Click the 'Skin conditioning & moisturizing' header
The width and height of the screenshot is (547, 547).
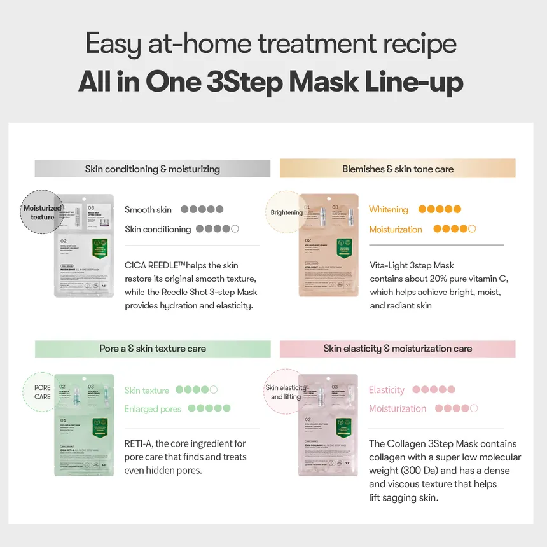pyautogui.click(x=153, y=169)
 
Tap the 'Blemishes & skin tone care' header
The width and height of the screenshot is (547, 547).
pyautogui.click(x=398, y=169)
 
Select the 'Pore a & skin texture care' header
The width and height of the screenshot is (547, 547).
pyautogui.click(x=153, y=349)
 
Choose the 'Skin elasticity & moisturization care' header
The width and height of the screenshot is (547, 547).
pyautogui.click(x=398, y=349)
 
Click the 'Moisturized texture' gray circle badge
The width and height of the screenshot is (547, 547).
pyautogui.click(x=42, y=212)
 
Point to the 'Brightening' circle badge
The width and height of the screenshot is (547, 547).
pyautogui.click(x=286, y=212)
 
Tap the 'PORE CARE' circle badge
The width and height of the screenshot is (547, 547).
pyautogui.click(x=43, y=392)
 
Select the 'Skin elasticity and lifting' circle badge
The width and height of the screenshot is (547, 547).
pyautogui.click(x=286, y=392)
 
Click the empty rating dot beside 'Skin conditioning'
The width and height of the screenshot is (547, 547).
pyautogui.click(x=235, y=229)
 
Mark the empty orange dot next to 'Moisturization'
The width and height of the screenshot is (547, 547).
pyautogui.click(x=472, y=229)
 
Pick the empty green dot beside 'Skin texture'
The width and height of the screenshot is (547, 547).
pyautogui.click(x=213, y=390)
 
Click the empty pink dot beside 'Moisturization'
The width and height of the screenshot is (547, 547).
pyautogui.click(x=473, y=408)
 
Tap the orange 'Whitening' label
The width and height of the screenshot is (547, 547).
pyautogui.click(x=388, y=209)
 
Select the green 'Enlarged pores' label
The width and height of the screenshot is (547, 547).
pyautogui.click(x=153, y=409)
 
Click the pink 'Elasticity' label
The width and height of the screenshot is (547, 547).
pyautogui.click(x=386, y=390)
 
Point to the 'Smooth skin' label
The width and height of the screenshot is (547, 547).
pyautogui.click(x=148, y=210)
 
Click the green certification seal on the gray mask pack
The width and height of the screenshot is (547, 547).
pyautogui.click(x=99, y=247)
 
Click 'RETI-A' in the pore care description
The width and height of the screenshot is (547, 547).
pyautogui.click(x=140, y=443)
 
